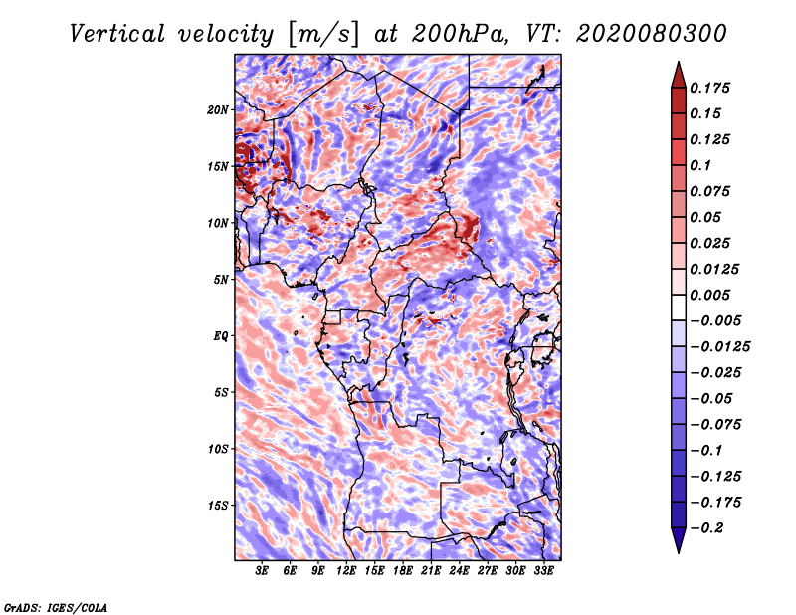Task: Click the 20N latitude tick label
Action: (x=218, y=109)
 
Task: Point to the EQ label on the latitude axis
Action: (x=220, y=335)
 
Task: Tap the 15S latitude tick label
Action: (x=218, y=506)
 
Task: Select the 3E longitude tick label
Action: (x=262, y=570)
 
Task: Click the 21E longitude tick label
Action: (x=431, y=570)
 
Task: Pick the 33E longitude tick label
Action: (x=543, y=570)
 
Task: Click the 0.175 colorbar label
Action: (x=709, y=88)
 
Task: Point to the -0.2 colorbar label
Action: (x=705, y=528)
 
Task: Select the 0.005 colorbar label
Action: (x=709, y=295)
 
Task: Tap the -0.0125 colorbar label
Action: (x=719, y=347)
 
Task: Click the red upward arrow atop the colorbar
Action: (x=679, y=75)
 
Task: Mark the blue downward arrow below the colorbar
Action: (x=679, y=540)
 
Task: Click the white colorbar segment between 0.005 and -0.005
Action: (x=679, y=307)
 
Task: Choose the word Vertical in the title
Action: (x=116, y=34)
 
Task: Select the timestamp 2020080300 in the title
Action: (x=651, y=34)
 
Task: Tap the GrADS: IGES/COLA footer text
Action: (x=56, y=608)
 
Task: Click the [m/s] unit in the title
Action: (x=322, y=34)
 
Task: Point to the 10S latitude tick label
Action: (x=218, y=449)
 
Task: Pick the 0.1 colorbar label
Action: (x=700, y=165)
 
